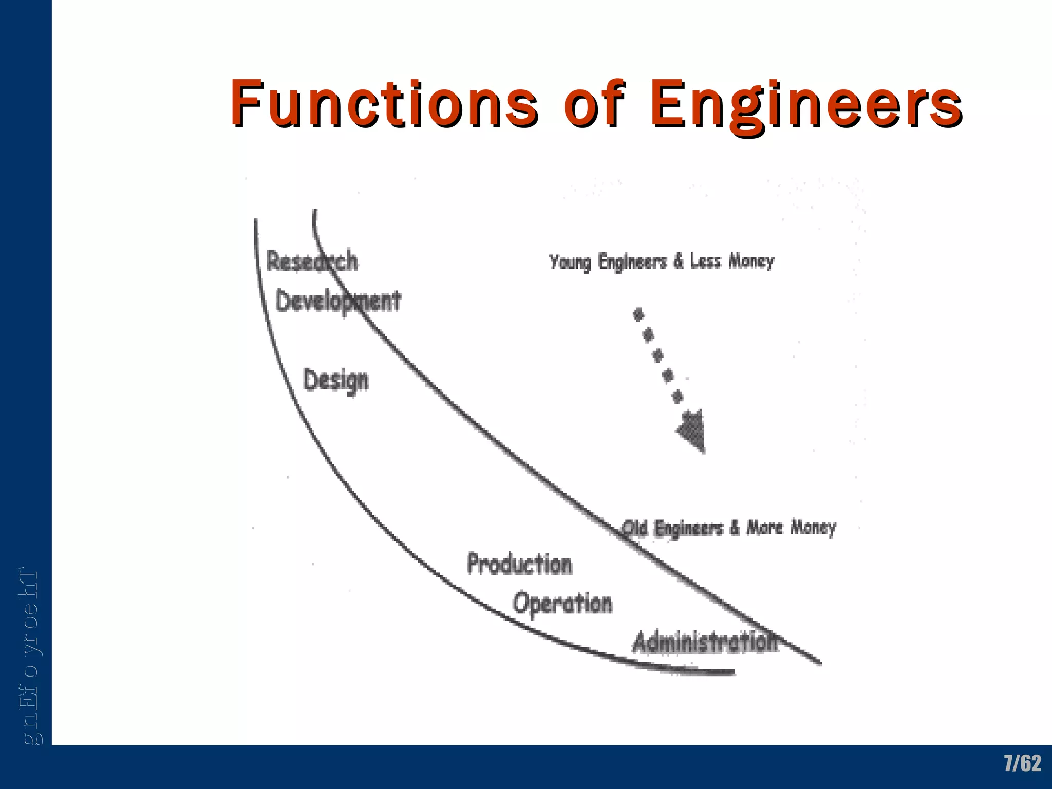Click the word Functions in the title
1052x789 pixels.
[x=383, y=103]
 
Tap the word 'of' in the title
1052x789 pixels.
[x=595, y=103]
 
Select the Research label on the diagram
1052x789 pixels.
[x=312, y=260]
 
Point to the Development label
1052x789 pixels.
[x=338, y=301]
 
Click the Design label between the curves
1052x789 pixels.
[x=336, y=381]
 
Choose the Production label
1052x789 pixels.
[x=519, y=564]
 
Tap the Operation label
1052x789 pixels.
[x=562, y=603]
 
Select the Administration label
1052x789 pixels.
[x=705, y=643]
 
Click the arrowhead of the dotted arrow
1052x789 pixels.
[x=692, y=430]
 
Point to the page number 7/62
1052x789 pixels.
[x=1022, y=763]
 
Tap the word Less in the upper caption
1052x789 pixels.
[x=705, y=261]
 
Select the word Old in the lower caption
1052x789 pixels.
[x=634, y=528]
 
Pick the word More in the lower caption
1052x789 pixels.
[x=764, y=527]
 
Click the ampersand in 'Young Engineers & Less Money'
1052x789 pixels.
[x=679, y=261]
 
